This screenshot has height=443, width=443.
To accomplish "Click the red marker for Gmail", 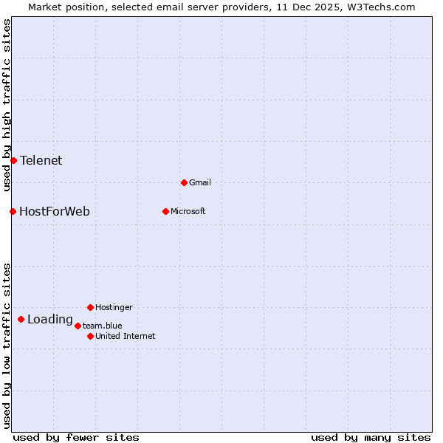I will (184, 182).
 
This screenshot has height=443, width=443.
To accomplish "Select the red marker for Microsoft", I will (165, 211).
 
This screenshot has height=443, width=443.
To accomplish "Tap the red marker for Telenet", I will (13, 160).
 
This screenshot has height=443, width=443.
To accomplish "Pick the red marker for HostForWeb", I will (13, 211).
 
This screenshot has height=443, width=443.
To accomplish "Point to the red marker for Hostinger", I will (90, 307).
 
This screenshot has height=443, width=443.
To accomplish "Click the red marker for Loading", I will (21, 319).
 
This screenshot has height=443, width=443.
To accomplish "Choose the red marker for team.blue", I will (78, 326).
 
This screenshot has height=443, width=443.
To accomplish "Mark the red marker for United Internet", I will (90, 336).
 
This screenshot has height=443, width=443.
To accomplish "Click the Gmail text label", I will (200, 182).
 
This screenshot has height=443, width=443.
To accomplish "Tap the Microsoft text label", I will (188, 211).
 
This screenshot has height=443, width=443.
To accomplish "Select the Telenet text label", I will (41, 160).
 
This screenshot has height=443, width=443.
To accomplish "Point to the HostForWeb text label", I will (55, 211).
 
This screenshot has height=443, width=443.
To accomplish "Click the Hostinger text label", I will (114, 307).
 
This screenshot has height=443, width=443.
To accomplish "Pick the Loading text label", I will (50, 319).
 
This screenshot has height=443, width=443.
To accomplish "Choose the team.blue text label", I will (103, 326).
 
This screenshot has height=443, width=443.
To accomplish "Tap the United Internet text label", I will (126, 336).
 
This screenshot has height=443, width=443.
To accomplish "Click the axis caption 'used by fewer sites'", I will (76, 437).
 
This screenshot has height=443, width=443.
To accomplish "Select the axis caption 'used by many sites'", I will (371, 437).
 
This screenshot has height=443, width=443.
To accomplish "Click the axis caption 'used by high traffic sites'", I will (7, 105).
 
